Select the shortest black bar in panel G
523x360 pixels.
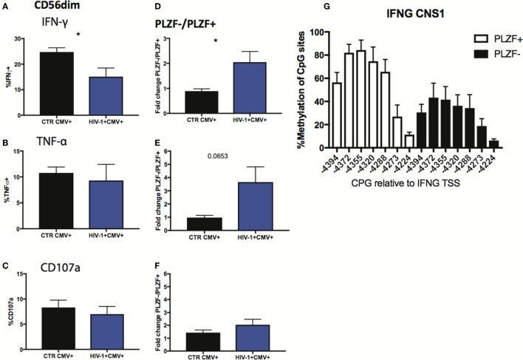(x=493, y=143)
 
